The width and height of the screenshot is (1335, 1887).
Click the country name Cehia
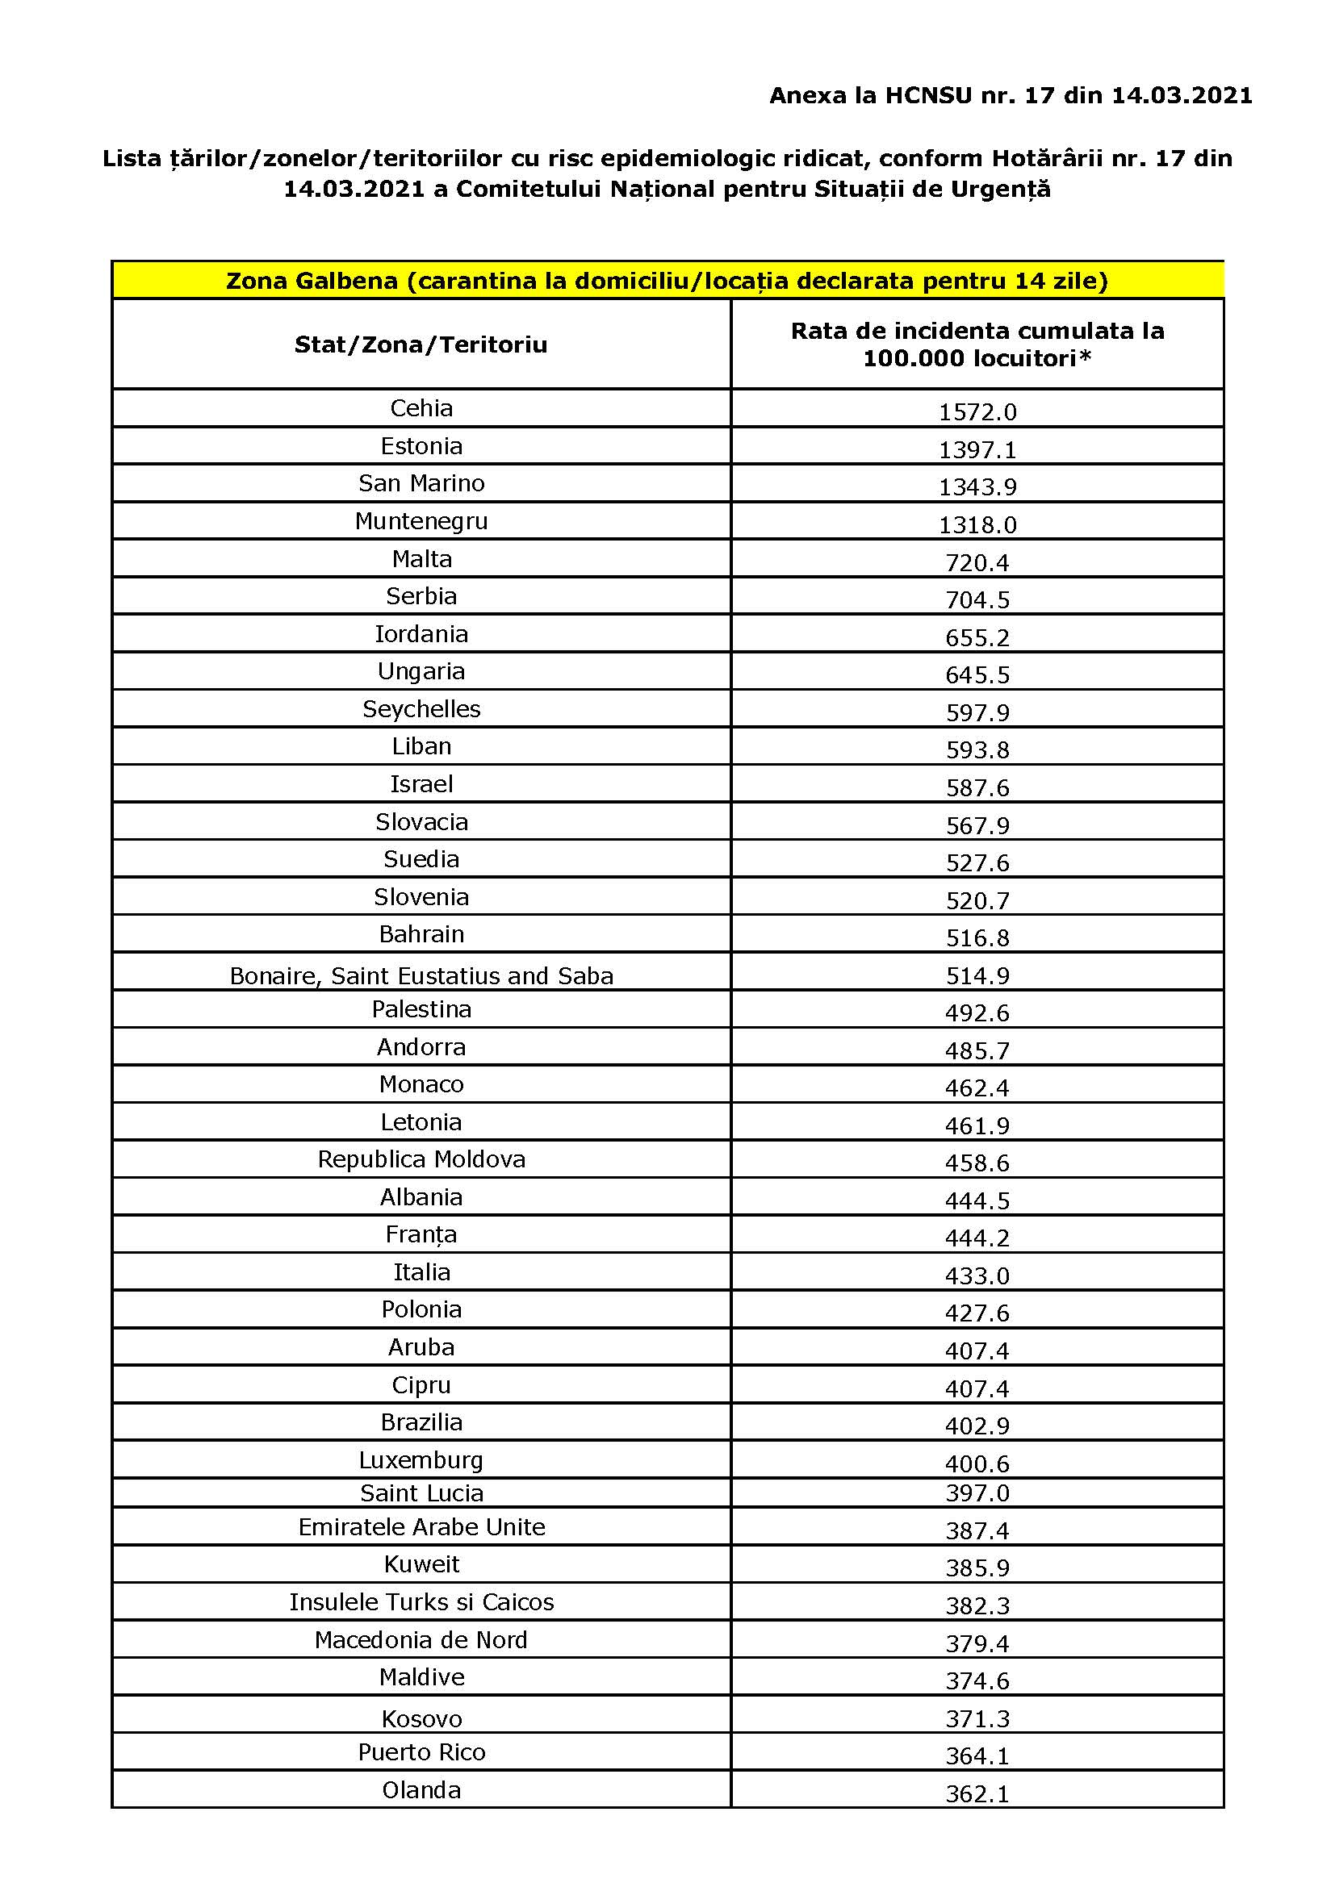(x=421, y=408)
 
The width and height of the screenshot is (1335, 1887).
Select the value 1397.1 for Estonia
(x=977, y=449)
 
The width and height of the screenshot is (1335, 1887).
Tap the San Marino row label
(x=421, y=483)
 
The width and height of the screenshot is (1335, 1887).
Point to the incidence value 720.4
(x=977, y=563)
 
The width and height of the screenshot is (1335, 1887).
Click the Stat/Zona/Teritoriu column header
(x=421, y=344)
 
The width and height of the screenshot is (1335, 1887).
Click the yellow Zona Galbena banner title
(x=667, y=281)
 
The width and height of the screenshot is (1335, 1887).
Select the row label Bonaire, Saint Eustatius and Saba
(x=421, y=975)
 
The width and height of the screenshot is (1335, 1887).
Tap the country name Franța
(x=421, y=1234)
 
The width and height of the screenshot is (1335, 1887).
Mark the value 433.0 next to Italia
(x=977, y=1275)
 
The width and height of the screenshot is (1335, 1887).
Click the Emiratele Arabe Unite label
(x=421, y=1527)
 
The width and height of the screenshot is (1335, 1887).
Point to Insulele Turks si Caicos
(x=421, y=1602)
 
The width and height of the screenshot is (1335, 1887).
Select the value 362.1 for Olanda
(x=977, y=1793)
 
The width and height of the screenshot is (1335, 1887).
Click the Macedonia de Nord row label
(x=421, y=1639)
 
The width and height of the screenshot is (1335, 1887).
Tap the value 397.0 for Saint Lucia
(x=977, y=1492)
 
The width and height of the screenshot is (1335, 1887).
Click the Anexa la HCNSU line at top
(x=1011, y=96)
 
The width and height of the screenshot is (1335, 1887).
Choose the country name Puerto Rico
(x=421, y=1752)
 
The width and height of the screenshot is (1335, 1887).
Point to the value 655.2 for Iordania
(x=977, y=638)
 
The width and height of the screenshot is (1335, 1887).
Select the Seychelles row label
(x=421, y=709)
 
